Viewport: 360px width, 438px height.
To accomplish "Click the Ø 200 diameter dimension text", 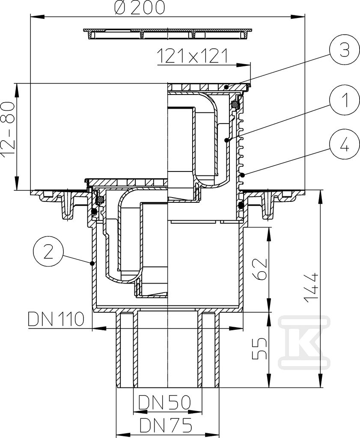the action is point(140,8).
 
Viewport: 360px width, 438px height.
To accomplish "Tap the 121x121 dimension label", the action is point(193,56).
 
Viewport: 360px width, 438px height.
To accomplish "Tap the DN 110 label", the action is point(56,319).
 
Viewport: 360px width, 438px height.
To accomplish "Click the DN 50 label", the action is point(165,402).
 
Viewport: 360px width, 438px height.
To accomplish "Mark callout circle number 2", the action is point(48,252).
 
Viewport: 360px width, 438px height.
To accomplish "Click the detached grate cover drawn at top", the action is point(168,33).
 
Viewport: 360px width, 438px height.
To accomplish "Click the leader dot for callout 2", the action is point(92,263).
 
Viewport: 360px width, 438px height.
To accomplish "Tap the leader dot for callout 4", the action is point(243,175).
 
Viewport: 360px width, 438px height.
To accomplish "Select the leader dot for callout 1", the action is point(227,140).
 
